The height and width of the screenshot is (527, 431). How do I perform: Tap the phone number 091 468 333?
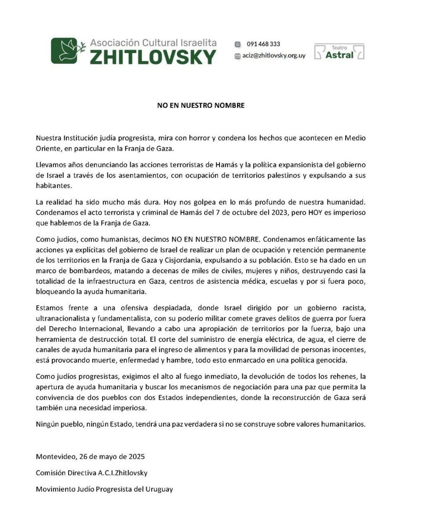[263, 44]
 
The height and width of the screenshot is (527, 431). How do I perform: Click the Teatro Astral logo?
[339, 52]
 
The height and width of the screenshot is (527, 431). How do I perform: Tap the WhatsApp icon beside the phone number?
[238, 44]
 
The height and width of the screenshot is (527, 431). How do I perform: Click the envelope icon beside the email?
[238, 56]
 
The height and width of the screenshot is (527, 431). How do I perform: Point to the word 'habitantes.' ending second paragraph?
[54, 186]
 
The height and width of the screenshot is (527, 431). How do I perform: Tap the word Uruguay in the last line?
[158, 489]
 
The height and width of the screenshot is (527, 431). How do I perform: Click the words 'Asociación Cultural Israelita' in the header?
[153, 43]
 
